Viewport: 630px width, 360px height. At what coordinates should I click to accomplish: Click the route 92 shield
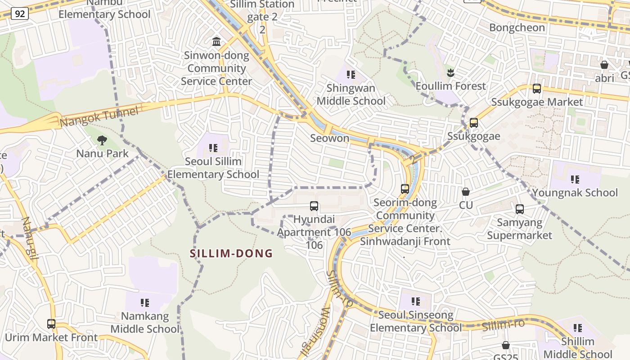pyautogui.click(x=20, y=14)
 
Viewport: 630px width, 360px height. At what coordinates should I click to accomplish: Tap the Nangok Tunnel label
pyautogui.click(x=99, y=117)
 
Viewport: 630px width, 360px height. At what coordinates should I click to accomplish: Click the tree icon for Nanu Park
pyautogui.click(x=102, y=140)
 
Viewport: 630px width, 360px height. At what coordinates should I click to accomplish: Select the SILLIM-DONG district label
pyautogui.click(x=231, y=253)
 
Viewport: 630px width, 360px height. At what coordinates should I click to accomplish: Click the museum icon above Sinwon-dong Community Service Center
pyautogui.click(x=216, y=42)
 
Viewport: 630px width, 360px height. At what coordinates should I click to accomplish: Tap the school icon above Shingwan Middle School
pyautogui.click(x=351, y=74)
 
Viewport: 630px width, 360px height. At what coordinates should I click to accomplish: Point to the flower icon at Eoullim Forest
pyautogui.click(x=450, y=72)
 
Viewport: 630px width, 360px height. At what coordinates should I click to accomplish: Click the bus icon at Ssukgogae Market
pyautogui.click(x=536, y=89)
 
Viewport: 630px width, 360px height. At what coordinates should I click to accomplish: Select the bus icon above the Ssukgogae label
pyautogui.click(x=473, y=123)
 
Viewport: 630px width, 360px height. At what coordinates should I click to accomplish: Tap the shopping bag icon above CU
pyautogui.click(x=466, y=192)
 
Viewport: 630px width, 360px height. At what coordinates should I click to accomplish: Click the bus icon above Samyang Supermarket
pyautogui.click(x=520, y=209)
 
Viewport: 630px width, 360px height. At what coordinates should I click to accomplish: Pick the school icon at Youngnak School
pyautogui.click(x=575, y=180)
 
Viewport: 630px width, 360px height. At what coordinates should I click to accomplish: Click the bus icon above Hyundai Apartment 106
pyautogui.click(x=314, y=207)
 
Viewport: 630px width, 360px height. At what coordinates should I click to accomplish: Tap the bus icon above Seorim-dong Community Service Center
pyautogui.click(x=405, y=189)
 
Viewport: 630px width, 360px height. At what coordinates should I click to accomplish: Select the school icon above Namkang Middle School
pyautogui.click(x=144, y=302)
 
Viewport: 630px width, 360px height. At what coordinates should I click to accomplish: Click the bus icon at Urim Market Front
pyautogui.click(x=51, y=324)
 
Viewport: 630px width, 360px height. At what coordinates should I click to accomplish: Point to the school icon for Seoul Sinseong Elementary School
pyautogui.click(x=415, y=301)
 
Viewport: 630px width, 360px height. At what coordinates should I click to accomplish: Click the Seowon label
pyautogui.click(x=329, y=138)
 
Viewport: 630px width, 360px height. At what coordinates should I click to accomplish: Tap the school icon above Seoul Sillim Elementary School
pyautogui.click(x=213, y=148)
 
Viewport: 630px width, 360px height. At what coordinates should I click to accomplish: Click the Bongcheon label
pyautogui.click(x=517, y=27)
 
